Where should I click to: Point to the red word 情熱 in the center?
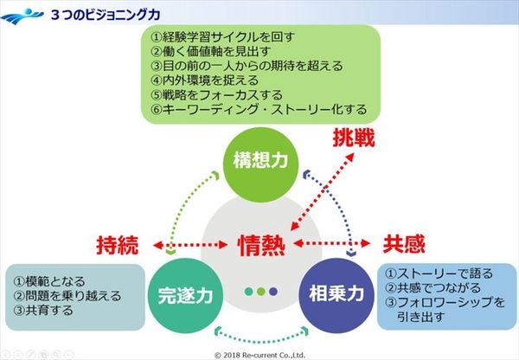(x=260, y=246)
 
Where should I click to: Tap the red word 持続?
(x=116, y=246)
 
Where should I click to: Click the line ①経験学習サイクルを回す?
(x=222, y=37)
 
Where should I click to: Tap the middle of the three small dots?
(x=260, y=290)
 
